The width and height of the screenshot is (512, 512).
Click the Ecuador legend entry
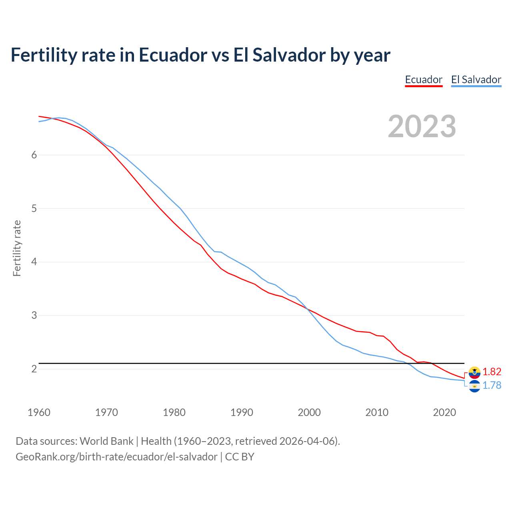(424, 80)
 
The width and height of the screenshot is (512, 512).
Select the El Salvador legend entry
(476, 80)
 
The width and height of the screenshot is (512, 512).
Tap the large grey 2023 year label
(422, 126)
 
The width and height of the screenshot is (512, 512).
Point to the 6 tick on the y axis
(34, 155)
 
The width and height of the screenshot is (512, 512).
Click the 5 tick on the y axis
(34, 208)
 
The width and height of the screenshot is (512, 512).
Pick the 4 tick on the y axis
(34, 262)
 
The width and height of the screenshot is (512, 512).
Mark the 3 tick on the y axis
(34, 316)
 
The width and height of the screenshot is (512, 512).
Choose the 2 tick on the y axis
(34, 369)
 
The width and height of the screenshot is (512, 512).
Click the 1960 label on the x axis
(39, 412)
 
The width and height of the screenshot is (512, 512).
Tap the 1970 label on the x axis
(106, 412)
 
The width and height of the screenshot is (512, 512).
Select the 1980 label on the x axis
(174, 412)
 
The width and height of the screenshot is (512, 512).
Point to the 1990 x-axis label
(242, 412)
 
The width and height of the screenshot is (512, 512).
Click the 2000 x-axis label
(309, 412)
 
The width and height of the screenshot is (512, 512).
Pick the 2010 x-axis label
(377, 412)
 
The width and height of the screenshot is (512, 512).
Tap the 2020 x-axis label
(444, 412)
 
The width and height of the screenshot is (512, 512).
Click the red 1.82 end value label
(492, 372)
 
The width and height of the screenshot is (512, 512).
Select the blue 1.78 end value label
(492, 385)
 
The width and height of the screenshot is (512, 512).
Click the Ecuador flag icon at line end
(474, 372)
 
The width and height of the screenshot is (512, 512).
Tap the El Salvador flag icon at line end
(474, 386)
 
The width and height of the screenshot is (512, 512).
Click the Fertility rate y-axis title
(17, 248)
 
